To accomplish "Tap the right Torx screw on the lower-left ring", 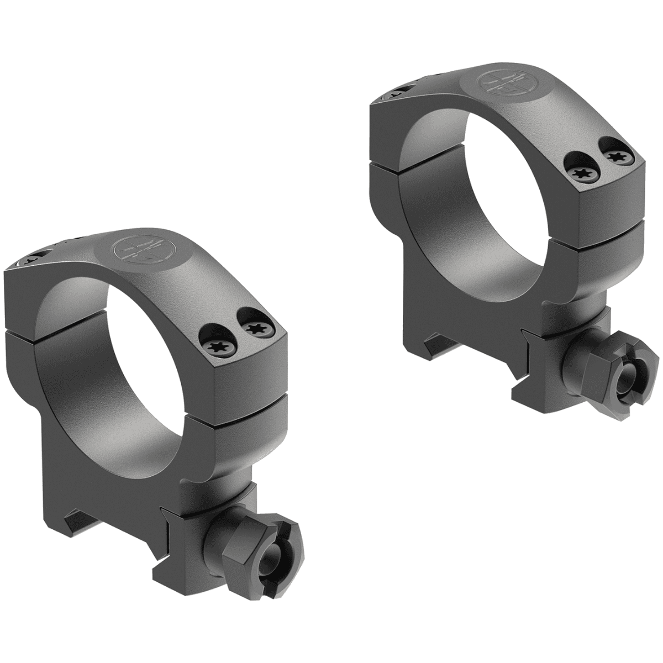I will (x=254, y=330).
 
